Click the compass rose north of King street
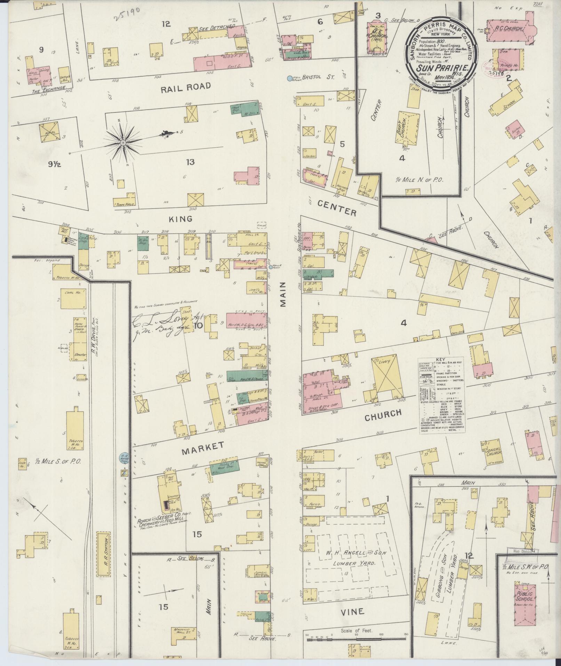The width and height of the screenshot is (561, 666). tap(123, 143)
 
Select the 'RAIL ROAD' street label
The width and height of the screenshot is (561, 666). tap(186, 86)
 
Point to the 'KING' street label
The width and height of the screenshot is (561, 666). tap(181, 219)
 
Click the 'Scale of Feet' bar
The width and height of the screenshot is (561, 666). tap(356, 636)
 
